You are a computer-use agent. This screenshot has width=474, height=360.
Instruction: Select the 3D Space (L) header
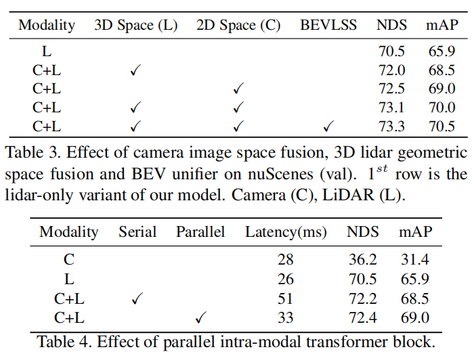click(x=135, y=26)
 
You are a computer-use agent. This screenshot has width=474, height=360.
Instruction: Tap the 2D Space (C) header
click(x=238, y=26)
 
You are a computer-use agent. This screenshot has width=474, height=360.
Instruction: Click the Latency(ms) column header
click(x=286, y=231)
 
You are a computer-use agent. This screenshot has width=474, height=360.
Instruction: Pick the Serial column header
click(x=137, y=231)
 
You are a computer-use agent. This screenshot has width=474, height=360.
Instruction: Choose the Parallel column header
click(x=200, y=231)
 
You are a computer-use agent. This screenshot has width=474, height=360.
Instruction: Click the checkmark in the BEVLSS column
click(x=329, y=126)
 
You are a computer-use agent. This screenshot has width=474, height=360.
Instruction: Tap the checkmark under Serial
click(x=137, y=299)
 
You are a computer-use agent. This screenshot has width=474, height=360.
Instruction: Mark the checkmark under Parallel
click(x=200, y=318)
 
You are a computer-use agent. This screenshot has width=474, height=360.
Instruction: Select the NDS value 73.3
click(x=392, y=126)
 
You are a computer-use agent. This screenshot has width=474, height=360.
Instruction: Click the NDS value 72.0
click(x=392, y=69)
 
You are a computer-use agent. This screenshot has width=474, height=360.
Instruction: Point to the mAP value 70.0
click(x=441, y=107)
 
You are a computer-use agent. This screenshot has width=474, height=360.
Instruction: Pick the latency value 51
click(x=286, y=299)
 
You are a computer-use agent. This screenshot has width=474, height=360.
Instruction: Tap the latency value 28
click(x=286, y=260)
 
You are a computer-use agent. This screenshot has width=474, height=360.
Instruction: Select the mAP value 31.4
click(x=415, y=260)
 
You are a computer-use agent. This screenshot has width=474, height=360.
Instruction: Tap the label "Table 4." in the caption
click(x=64, y=342)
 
